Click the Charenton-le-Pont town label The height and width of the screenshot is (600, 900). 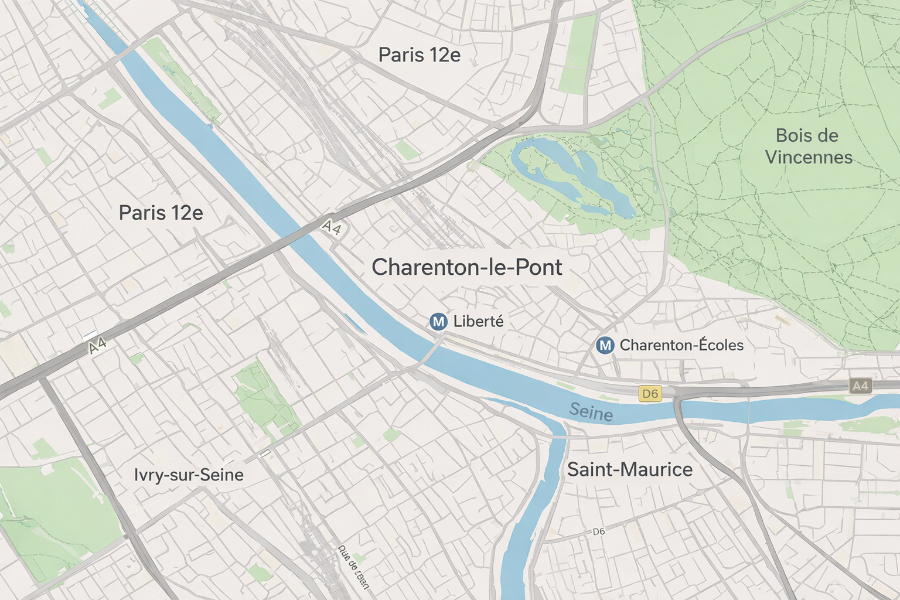click(466, 267)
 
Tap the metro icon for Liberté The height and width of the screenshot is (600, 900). click(438, 321)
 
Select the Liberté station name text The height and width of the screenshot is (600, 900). click(478, 321)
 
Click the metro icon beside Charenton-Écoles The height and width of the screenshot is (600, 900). click(605, 345)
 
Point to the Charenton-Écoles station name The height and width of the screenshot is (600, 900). click(681, 345)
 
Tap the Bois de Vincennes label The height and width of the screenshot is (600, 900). click(808, 146)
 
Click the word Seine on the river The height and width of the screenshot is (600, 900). click(591, 412)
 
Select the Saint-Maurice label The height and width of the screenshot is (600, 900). click(629, 469)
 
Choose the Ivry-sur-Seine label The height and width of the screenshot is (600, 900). click(189, 475)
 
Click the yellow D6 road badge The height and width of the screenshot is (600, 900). click(650, 394)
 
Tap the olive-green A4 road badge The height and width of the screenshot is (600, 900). click(860, 386)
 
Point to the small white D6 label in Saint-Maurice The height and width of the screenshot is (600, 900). click(598, 531)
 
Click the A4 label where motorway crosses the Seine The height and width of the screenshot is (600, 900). click(332, 227)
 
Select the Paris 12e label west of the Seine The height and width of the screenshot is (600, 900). click(161, 213)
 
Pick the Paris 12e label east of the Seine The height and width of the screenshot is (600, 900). click(419, 55)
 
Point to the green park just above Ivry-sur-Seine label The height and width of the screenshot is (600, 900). click(264, 398)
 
